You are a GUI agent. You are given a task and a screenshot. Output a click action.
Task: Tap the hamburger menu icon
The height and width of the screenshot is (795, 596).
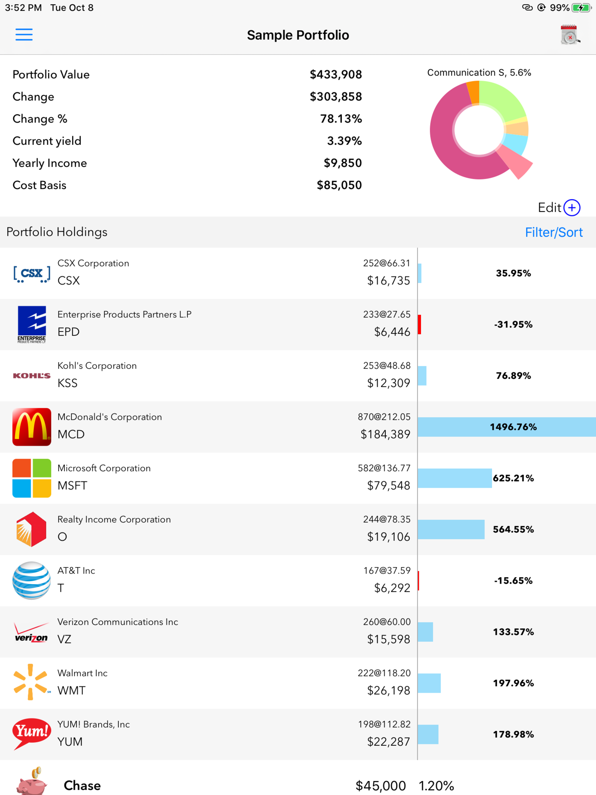[x=24, y=35]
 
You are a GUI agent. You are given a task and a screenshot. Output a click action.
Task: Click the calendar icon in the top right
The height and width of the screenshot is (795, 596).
[x=570, y=35]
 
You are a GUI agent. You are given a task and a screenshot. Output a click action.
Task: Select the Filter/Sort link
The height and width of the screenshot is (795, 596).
[x=554, y=233]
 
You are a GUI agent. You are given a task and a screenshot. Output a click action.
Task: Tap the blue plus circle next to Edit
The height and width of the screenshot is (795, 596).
[x=572, y=208]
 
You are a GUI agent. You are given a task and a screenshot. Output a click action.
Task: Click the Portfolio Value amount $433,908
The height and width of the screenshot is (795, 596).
[x=336, y=75]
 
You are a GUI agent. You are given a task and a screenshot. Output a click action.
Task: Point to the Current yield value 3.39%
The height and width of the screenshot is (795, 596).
[x=344, y=141]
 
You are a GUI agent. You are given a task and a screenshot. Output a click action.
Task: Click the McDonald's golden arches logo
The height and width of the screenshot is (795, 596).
[x=32, y=427]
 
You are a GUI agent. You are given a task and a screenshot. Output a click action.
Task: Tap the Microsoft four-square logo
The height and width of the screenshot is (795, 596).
[x=32, y=478]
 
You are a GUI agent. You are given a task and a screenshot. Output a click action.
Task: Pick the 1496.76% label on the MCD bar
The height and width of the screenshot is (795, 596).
[x=513, y=427]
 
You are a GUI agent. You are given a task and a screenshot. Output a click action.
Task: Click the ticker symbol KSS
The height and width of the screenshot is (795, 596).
[x=68, y=383]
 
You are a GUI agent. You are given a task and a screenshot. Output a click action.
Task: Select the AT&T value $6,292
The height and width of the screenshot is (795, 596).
[x=392, y=588]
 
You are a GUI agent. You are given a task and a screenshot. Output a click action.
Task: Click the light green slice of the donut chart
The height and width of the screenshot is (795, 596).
[x=501, y=101]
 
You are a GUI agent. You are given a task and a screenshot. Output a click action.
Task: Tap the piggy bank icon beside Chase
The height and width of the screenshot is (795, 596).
[x=32, y=783]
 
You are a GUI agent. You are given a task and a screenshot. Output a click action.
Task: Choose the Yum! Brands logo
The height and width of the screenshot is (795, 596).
[x=32, y=733]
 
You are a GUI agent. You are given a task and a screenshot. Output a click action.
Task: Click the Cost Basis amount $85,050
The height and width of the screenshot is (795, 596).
[x=339, y=185]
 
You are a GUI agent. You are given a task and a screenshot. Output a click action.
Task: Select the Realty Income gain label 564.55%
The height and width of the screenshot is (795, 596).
[x=513, y=529]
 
